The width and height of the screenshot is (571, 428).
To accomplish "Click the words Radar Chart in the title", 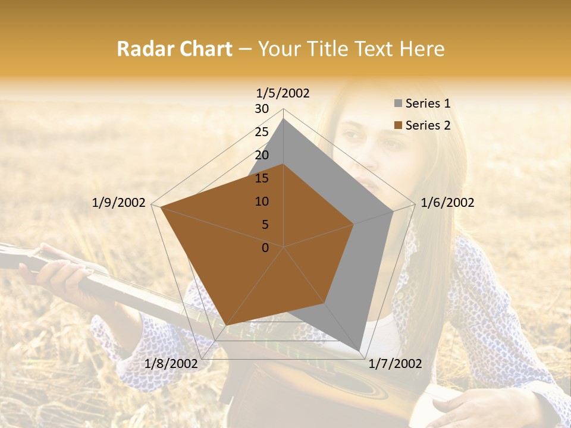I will pos(174,49).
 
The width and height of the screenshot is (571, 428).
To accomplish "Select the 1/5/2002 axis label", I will pos(283,93).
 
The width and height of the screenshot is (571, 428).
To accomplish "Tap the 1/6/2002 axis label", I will pos(447,203).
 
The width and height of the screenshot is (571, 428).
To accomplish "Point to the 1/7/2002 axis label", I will pos(394,364).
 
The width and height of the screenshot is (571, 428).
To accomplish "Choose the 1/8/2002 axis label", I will pos(171,364).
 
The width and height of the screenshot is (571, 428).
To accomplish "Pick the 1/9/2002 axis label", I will pos(119,203).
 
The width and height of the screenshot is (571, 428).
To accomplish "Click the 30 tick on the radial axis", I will pos(262,109).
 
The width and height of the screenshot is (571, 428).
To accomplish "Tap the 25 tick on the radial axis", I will pos(262,132).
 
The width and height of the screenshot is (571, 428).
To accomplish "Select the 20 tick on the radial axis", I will pos(262,155).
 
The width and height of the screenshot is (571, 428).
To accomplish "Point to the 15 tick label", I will pos(262,178).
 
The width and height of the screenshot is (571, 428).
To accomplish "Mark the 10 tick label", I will pos(262,202).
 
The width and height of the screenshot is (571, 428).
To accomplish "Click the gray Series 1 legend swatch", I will pos(398,103).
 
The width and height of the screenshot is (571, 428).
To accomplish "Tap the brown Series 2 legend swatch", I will pos(398,125).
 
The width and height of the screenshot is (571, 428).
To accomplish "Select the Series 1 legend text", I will pos(428,103).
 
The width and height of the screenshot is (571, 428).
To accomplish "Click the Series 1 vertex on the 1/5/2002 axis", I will pos(284,119).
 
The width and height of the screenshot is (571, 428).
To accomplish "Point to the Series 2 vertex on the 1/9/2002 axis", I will pos(161,207).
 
